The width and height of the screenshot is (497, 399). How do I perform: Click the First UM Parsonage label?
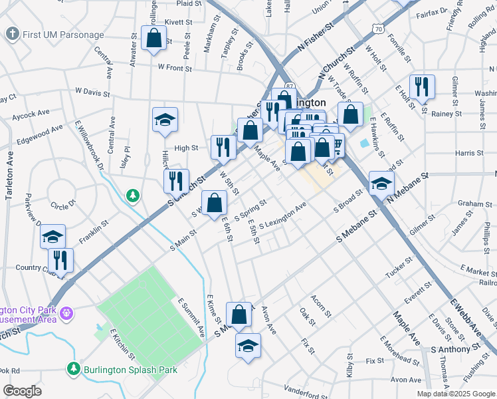click(64, 35)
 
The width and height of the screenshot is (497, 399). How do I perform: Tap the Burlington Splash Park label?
click(130, 369)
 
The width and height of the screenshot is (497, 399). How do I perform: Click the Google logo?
click(23, 391)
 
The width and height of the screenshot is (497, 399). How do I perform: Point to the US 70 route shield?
click(377, 29)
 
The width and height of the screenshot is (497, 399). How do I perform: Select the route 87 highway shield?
click(290, 86)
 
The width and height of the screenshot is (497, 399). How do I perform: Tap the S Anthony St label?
click(455, 348)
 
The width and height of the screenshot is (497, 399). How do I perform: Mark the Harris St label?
click(469, 153)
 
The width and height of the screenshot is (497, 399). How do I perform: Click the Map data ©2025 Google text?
click(455, 394)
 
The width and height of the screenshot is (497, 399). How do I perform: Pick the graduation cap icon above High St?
click(165, 120)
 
